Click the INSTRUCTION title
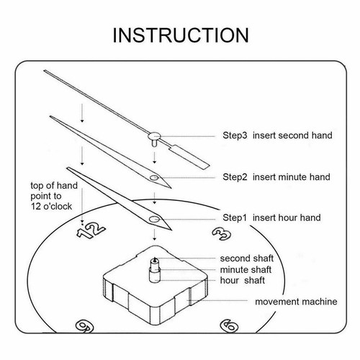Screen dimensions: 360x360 point(181,35)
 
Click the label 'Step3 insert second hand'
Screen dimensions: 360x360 point(277,135)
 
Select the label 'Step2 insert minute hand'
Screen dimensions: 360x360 point(276,177)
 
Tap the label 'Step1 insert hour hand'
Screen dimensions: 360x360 point(271,217)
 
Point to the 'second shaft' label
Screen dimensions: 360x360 point(247,258)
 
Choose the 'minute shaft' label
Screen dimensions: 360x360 point(246,269)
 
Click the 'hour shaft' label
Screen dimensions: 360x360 point(243,280)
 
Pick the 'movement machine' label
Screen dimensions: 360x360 point(296,302)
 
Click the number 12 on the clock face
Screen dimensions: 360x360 point(91,230)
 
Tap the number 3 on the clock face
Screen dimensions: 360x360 point(222,233)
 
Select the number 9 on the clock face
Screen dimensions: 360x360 point(84,325)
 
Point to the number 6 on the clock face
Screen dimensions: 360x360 point(229,325)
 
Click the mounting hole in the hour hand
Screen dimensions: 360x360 point(154,219)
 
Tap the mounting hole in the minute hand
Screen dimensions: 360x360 point(154,178)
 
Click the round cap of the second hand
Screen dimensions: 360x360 point(154,136)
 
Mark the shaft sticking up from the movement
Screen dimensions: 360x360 point(155,269)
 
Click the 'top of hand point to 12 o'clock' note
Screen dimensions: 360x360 point(54,196)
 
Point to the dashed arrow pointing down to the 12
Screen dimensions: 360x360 point(82,206)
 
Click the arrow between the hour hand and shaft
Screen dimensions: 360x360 point(155,235)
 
